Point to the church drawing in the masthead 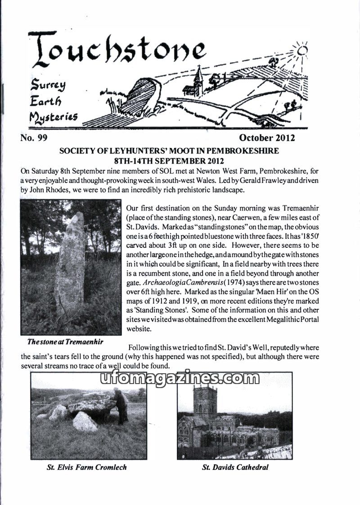[x=198, y=81]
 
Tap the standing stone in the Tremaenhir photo [x=70, y=265]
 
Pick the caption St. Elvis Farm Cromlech [x=87, y=467]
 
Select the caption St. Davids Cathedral [x=235, y=467]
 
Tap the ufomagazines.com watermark [x=180, y=379]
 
